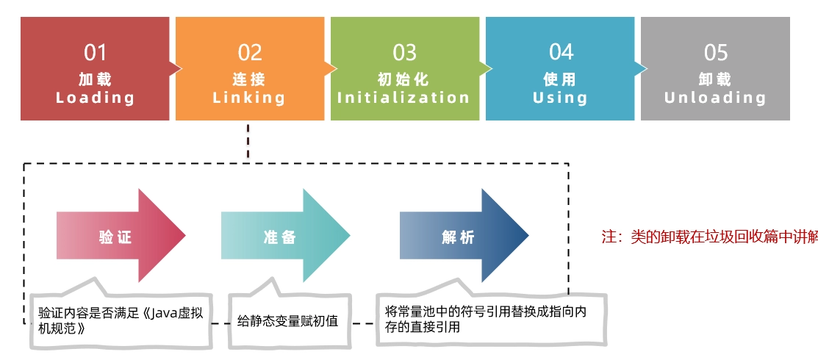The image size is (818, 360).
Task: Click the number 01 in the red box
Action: point(95,52)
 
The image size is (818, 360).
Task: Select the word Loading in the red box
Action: point(95,98)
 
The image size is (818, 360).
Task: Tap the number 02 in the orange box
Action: point(249,52)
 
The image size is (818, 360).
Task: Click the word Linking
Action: point(249,98)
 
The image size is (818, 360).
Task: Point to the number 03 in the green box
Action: point(405,52)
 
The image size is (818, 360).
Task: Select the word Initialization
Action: point(403,98)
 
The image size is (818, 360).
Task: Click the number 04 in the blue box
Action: point(561,52)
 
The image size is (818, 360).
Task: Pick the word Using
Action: point(560,98)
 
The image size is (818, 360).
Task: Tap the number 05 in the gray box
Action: point(716,52)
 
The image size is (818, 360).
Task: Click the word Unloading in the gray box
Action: point(715,98)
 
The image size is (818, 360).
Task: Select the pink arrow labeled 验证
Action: point(121,236)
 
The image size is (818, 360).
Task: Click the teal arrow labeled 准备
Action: point(286,236)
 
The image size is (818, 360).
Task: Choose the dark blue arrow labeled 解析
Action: point(464,236)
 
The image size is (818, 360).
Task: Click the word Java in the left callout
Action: point(164,314)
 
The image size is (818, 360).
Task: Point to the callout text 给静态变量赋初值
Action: point(288,320)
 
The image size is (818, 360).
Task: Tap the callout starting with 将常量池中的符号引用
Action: point(486,320)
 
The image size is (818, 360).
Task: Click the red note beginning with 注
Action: point(709,237)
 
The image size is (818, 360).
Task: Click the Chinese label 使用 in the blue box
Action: point(560,79)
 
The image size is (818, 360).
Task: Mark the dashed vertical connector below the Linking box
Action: point(248,141)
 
